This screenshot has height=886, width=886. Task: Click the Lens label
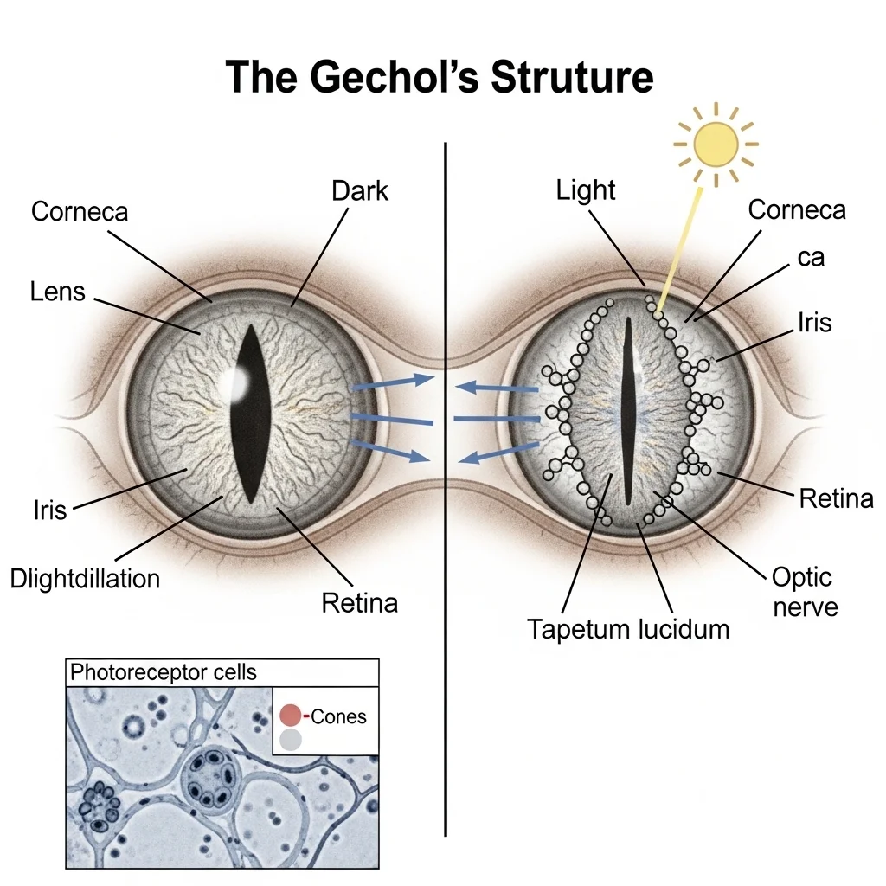[58, 291]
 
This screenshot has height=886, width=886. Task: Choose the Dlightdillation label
[85, 578]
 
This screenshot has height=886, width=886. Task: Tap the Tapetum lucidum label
[628, 629]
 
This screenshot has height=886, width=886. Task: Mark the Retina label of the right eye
[836, 498]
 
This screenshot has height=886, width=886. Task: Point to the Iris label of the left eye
[49, 510]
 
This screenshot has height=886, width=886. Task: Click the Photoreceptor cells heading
[163, 671]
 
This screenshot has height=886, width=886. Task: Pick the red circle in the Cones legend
[291, 716]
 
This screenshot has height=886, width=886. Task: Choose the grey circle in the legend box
[291, 740]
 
